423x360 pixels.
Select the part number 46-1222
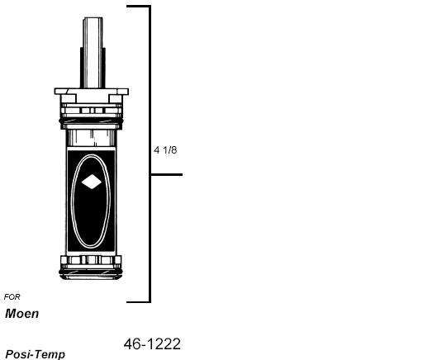point(152,343)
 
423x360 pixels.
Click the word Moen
point(22,314)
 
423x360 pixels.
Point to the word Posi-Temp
point(35,354)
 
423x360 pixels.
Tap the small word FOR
point(12,296)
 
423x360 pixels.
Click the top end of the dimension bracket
point(138,7)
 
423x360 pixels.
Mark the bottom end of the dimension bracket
point(138,301)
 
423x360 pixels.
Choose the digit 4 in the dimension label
point(156,150)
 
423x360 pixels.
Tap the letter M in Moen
point(11,314)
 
